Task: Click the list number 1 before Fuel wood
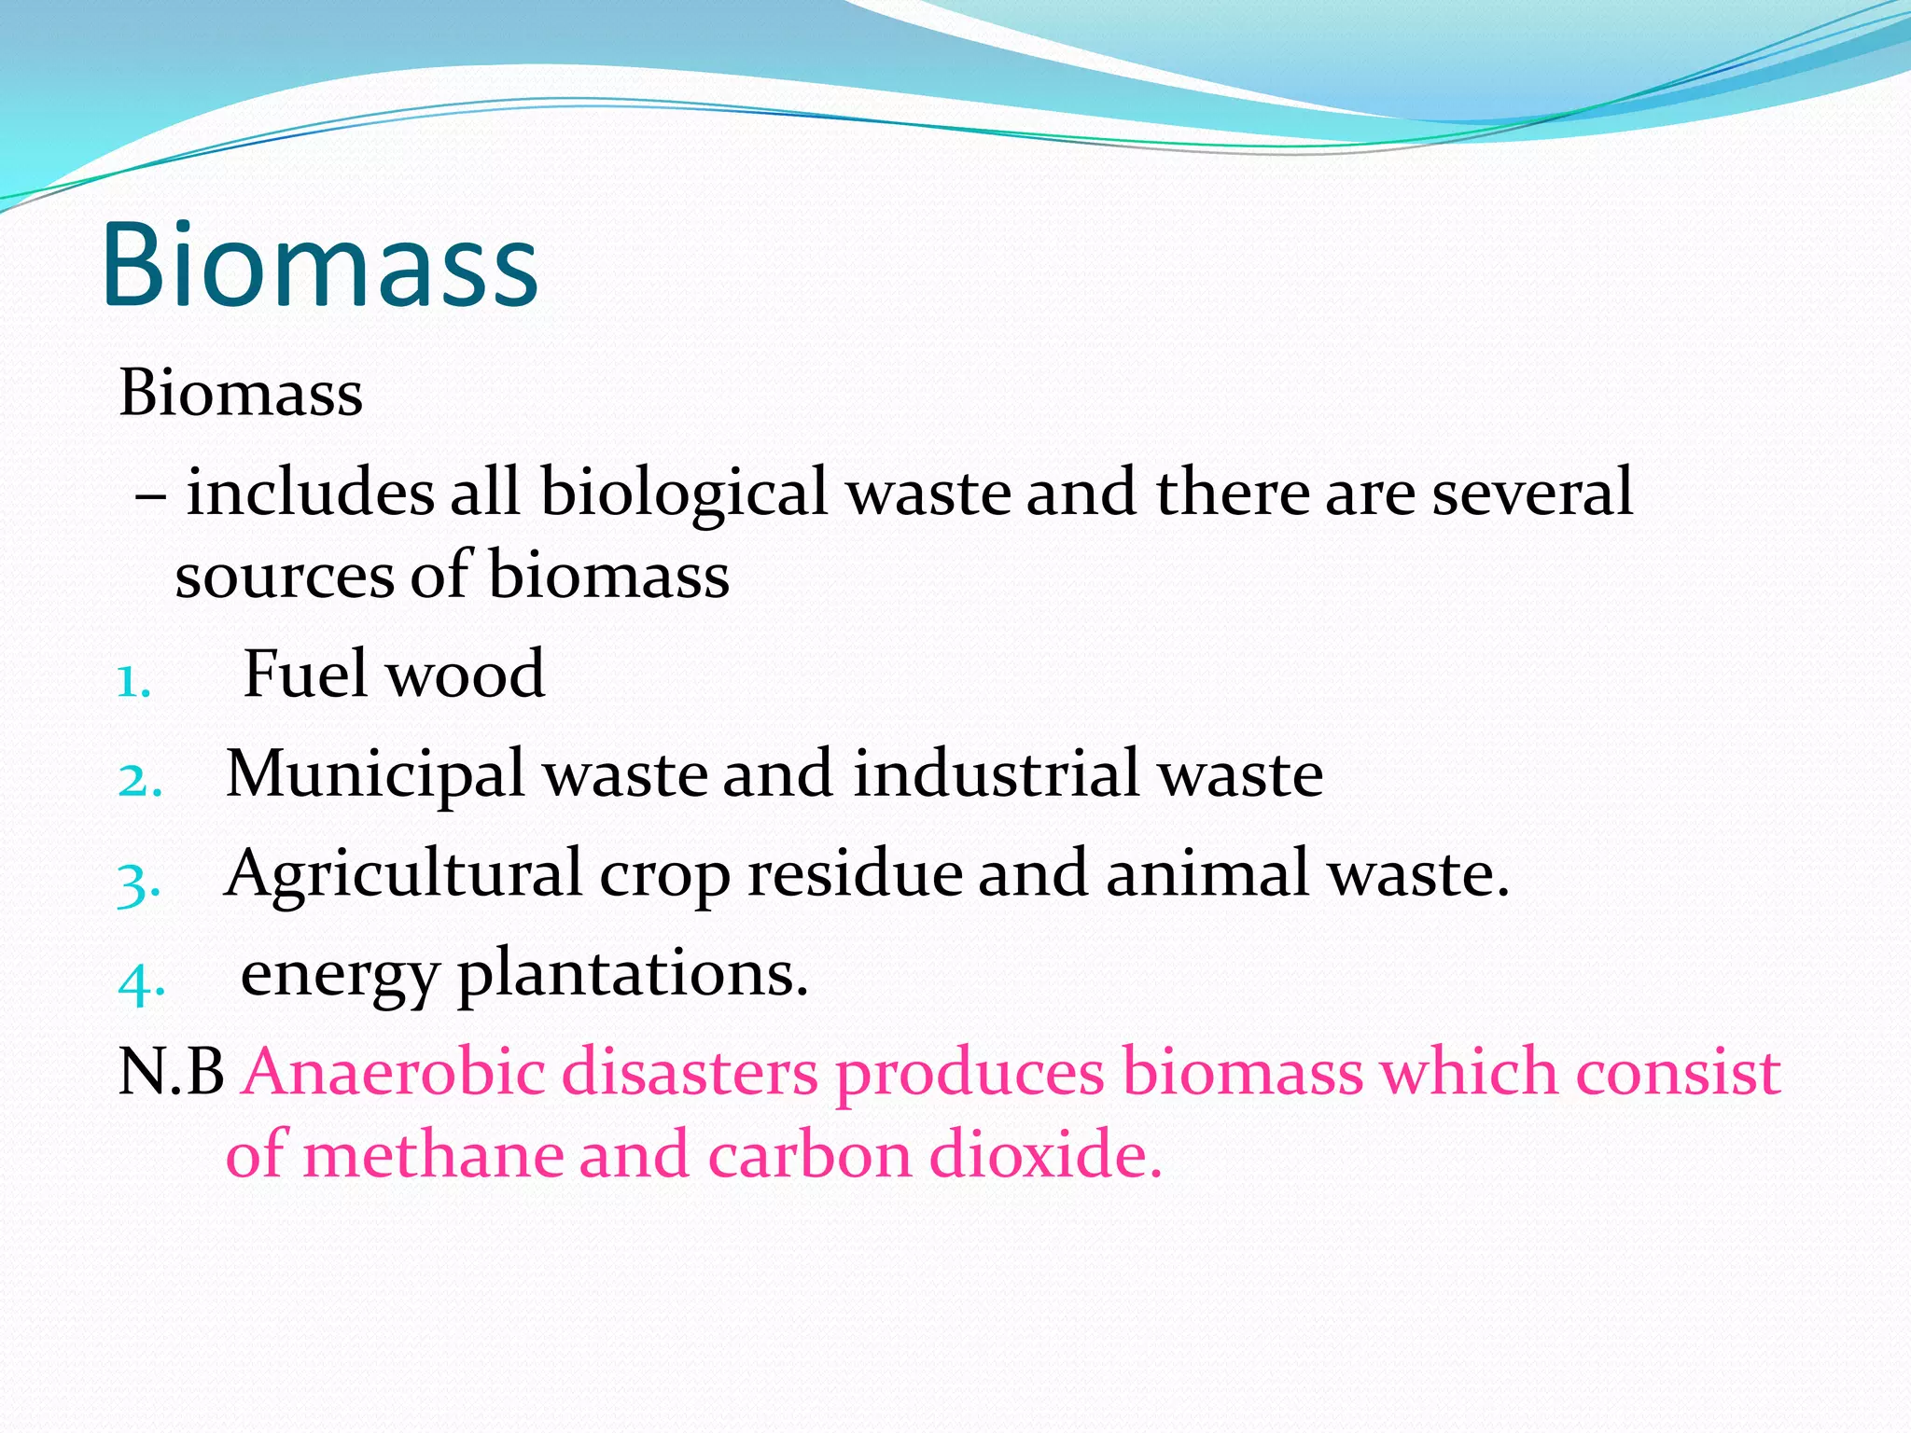[x=133, y=682]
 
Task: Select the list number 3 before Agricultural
[x=139, y=883]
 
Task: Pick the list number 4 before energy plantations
[x=141, y=982]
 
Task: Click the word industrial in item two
[x=996, y=773]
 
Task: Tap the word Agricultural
[x=403, y=875]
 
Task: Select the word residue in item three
[x=855, y=874]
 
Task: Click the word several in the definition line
[x=1532, y=492]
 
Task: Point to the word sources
[x=284, y=576]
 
